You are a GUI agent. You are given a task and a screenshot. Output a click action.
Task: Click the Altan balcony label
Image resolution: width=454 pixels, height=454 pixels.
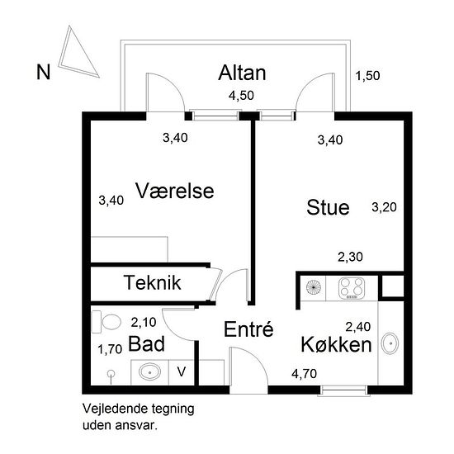tap(242, 73)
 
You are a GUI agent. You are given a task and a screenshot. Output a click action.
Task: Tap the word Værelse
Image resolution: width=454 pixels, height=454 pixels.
tap(175, 191)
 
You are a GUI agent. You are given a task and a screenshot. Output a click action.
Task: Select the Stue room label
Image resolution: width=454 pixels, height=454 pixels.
tap(328, 207)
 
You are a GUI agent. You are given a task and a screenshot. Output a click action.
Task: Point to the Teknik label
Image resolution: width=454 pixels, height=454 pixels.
tap(153, 282)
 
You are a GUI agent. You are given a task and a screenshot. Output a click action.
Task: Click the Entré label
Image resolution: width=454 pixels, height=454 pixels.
tap(248, 329)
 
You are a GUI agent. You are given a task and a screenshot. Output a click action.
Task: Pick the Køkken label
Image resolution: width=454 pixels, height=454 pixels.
tap(337, 344)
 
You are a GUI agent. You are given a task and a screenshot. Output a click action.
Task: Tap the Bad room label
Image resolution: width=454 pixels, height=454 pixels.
tap(146, 343)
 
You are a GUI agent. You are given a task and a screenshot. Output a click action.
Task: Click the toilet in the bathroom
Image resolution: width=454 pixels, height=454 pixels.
tap(106, 322)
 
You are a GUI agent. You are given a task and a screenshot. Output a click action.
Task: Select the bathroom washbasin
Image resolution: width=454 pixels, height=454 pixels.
tap(149, 371)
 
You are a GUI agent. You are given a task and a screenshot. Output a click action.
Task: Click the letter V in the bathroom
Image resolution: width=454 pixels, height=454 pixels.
tap(182, 371)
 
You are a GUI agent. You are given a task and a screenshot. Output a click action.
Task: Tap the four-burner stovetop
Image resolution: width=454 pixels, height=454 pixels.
tap(352, 288)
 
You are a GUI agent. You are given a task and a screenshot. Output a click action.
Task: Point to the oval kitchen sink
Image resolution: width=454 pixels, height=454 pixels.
tap(390, 343)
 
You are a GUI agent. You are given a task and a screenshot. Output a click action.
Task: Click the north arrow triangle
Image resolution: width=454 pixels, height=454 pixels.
tap(76, 55)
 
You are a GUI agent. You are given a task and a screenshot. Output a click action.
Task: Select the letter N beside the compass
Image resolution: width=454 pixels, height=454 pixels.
tap(44, 72)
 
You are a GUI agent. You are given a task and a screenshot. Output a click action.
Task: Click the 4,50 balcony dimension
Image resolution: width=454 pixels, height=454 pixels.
tap(241, 96)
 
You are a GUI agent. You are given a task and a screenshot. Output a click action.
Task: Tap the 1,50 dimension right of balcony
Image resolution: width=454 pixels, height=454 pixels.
tap(367, 76)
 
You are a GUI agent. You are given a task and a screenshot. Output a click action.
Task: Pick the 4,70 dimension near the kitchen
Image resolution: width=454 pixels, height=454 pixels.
tap(305, 374)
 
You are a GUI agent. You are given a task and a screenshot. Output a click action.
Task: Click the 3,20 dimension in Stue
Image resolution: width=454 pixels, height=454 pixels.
tap(384, 207)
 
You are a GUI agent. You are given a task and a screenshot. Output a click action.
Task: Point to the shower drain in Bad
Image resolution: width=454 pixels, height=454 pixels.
tap(111, 375)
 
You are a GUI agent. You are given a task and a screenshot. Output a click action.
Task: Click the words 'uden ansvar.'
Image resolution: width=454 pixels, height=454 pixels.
tap(121, 426)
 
